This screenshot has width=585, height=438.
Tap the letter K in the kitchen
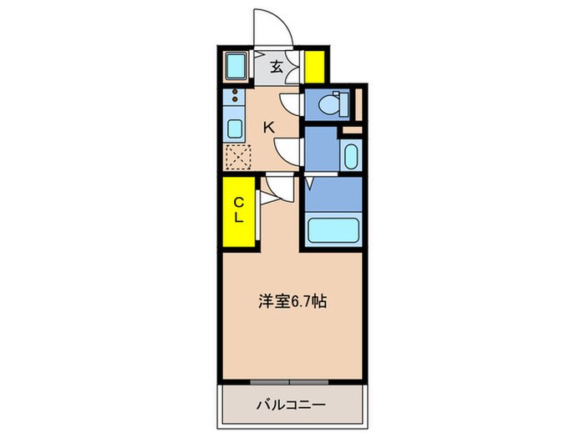(269, 128)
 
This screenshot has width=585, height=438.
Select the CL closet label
(238, 209)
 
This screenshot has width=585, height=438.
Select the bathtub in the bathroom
(333, 229)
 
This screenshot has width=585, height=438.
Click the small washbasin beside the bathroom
(349, 155)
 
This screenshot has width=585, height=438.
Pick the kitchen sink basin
(236, 129)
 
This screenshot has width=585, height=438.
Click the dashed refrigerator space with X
(239, 157)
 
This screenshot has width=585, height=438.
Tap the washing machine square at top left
(237, 67)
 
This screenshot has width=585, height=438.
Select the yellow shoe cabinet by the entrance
(315, 67)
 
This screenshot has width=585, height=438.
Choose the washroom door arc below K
(288, 151)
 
